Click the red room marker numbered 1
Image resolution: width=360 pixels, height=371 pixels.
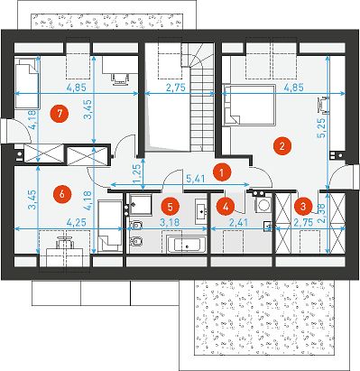(x=221, y=172)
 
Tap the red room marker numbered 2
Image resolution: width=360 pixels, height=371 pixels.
(x=282, y=146)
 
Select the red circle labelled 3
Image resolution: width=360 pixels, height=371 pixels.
(x=303, y=207)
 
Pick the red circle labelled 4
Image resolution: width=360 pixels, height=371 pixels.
(x=226, y=207)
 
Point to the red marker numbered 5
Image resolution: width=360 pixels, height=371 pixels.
(x=171, y=207)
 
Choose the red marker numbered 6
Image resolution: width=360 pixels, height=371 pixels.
(x=62, y=194)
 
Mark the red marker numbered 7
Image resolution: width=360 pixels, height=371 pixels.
(x=60, y=114)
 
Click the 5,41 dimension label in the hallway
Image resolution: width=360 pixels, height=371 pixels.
(x=196, y=179)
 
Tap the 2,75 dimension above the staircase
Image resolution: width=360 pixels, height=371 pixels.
(x=176, y=88)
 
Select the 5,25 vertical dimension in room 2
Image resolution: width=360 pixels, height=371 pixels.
(x=321, y=127)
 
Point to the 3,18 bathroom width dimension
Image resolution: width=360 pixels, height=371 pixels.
(x=170, y=223)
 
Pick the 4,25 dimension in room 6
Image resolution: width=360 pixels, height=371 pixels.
(x=77, y=223)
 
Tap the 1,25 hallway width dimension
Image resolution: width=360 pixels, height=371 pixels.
(x=137, y=173)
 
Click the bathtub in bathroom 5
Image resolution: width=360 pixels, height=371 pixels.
(x=187, y=245)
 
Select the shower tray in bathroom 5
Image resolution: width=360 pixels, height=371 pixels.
(x=141, y=205)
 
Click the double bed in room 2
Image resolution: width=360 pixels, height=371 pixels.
(x=249, y=105)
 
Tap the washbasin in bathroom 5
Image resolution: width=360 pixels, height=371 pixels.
(x=201, y=211)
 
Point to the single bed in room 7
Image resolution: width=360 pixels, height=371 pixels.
(x=26, y=83)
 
